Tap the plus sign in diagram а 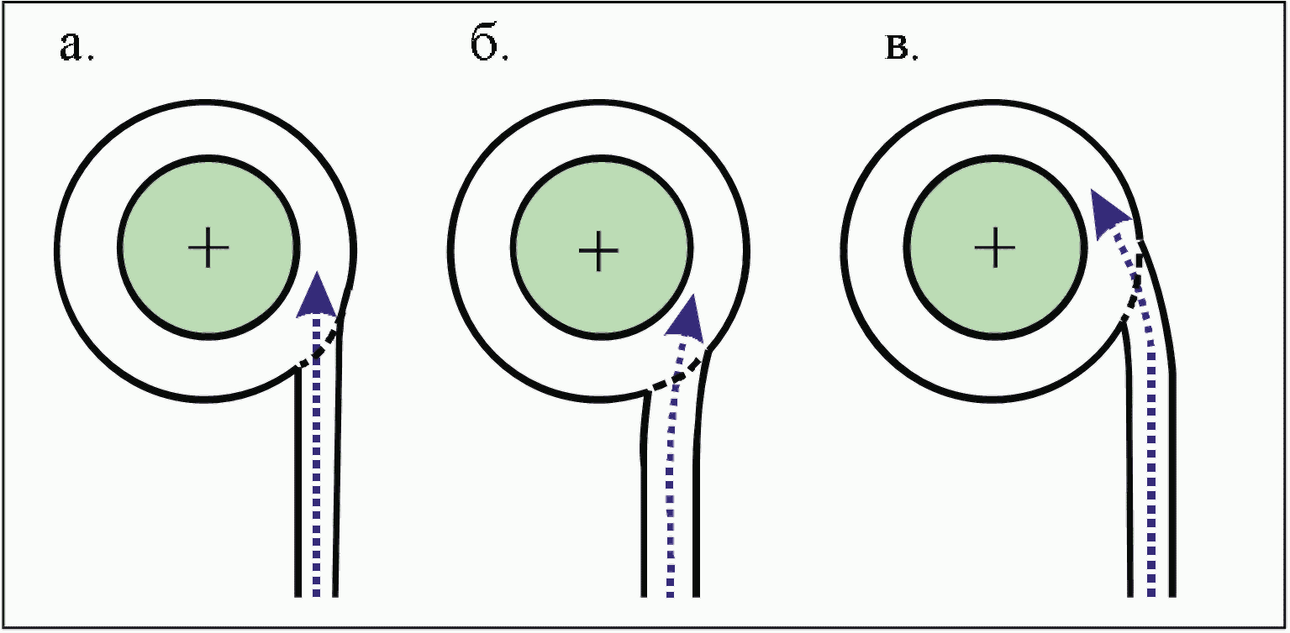tap(208, 250)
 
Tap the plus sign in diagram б tap(598, 251)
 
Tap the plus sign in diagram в tap(996, 248)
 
